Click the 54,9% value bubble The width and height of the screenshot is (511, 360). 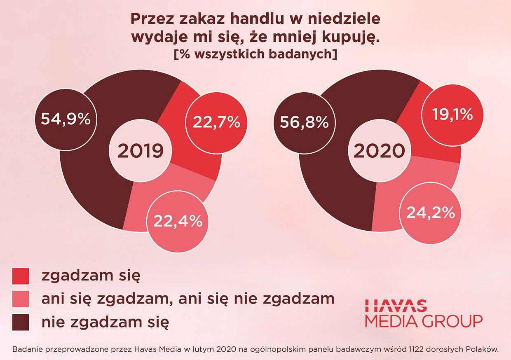(x=65, y=119)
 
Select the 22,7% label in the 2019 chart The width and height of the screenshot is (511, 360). (x=216, y=122)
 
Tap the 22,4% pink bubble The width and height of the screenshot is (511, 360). (x=178, y=221)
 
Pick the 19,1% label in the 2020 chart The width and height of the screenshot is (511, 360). (x=452, y=115)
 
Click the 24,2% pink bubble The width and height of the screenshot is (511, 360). (x=431, y=213)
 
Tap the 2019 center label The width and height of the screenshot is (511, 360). (x=141, y=151)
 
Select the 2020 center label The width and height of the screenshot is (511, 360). (x=379, y=151)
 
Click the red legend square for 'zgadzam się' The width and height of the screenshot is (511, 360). (x=21, y=276)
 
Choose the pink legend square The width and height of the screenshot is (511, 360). (x=21, y=299)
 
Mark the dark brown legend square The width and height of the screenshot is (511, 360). (x=21, y=322)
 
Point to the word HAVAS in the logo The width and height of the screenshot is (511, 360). (x=396, y=305)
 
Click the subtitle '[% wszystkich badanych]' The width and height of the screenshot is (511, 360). (x=255, y=55)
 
